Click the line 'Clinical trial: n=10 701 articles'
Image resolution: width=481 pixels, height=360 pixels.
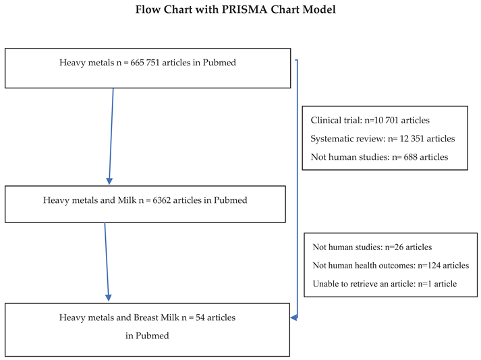pos(370,121)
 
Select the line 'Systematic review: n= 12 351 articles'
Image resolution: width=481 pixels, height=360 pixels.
pos(383,139)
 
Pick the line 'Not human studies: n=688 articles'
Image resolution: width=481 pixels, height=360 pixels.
pos(378,157)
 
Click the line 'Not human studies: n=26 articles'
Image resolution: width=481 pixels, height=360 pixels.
pos(372,247)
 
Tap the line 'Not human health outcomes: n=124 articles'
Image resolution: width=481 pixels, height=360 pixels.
pos(391,266)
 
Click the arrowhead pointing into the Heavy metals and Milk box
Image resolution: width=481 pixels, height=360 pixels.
pos(109,181)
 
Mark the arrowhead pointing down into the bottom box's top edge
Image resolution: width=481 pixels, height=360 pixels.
pos(109,297)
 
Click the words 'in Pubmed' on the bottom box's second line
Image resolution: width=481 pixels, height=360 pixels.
pos(147,335)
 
